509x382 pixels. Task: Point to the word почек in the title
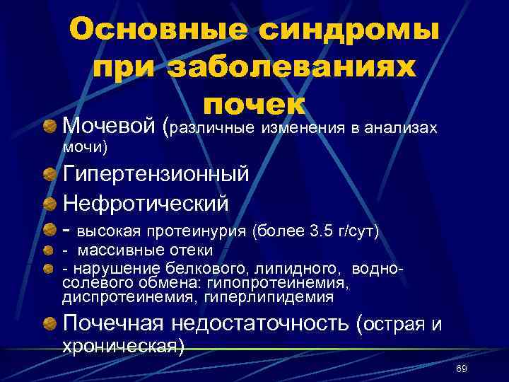[254, 105]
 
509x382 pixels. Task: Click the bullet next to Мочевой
[49, 127]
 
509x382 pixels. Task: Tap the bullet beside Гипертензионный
[49, 173]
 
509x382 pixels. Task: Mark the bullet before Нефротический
[49, 202]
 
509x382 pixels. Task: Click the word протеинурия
[202, 231]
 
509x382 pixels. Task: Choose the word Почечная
[113, 324]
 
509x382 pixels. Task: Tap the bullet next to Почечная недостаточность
[49, 324]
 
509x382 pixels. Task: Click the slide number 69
[462, 369]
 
